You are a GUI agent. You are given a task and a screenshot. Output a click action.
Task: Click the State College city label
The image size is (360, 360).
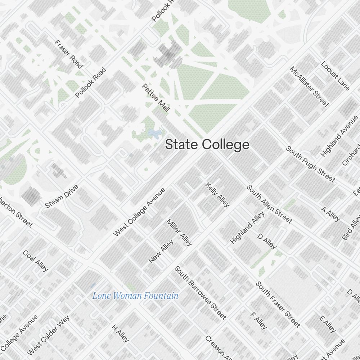[x=207, y=145]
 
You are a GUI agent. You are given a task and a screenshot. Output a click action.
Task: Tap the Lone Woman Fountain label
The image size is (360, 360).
[x=135, y=296]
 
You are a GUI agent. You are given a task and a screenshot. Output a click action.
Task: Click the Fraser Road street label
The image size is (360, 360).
[x=69, y=54]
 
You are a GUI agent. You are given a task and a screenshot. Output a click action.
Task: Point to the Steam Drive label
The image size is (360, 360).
[x=62, y=197]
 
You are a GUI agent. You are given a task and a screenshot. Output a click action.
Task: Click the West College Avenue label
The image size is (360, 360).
[x=139, y=212]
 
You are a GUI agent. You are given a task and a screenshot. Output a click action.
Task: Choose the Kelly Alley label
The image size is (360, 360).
[x=217, y=195]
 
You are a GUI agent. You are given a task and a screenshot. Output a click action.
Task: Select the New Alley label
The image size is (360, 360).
[x=161, y=251]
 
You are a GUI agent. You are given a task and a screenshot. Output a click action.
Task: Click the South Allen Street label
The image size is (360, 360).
[x=269, y=204]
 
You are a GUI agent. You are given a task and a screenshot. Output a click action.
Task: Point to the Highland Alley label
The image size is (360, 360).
[x=247, y=227]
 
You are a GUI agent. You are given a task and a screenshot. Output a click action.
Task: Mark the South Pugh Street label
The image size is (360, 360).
[x=310, y=164]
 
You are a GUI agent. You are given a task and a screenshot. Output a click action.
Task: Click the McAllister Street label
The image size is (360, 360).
[x=309, y=87]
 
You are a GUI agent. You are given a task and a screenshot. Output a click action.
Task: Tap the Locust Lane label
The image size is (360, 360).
[x=335, y=76]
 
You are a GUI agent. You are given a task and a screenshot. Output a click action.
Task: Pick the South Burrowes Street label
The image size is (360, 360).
[x=201, y=293]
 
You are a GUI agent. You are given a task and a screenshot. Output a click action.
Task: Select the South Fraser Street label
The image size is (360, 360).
[x=278, y=305]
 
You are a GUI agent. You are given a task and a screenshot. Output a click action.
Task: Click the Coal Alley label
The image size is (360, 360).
[x=36, y=261]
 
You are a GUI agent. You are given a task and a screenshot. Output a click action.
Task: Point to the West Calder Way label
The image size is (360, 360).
[x=48, y=335]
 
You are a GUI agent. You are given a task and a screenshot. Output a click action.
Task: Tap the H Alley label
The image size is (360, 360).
[x=120, y=333]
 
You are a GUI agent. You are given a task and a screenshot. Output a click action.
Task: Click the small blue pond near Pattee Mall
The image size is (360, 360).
[x=154, y=134]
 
